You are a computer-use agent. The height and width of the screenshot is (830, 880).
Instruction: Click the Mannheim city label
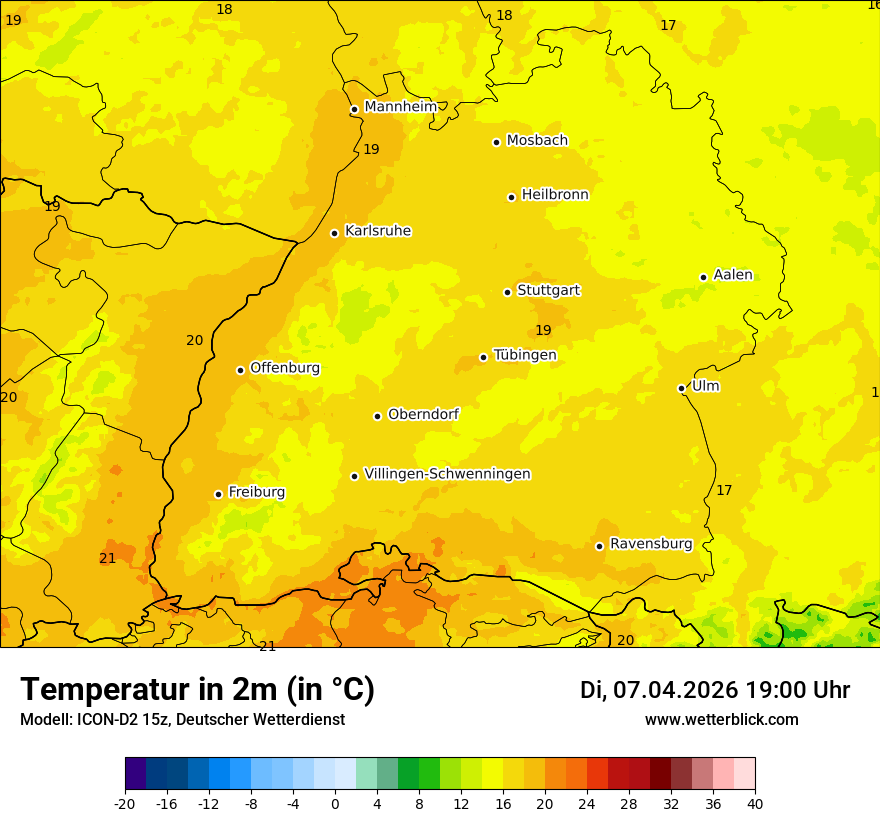coord(400,107)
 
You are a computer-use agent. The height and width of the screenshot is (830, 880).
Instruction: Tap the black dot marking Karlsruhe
coord(335,233)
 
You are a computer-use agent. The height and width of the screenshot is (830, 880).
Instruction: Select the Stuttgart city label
coord(548,291)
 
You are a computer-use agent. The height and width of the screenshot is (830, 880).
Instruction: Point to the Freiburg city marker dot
coord(219,494)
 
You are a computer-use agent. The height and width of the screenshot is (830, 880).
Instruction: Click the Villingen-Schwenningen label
coord(447,474)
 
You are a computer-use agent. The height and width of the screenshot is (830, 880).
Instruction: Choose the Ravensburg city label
coord(651,544)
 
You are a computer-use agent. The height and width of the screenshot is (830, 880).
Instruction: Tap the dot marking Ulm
coord(682,388)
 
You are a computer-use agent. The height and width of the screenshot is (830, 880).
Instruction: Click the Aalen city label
coord(733,275)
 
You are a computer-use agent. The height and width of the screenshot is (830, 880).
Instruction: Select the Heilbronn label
coord(555,195)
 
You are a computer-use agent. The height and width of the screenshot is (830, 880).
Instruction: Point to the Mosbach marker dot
coord(497,142)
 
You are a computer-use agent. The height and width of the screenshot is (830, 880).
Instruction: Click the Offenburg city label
coord(285,368)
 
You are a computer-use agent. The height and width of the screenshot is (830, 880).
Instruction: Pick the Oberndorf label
coord(423,414)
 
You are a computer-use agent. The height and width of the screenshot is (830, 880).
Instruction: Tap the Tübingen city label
coord(525,355)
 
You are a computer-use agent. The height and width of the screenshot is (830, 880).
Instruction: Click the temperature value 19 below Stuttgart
coord(543,331)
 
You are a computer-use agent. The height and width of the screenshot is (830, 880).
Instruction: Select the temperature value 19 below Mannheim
coord(371,150)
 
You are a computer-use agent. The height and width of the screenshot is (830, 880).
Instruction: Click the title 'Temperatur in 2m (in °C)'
coord(197,689)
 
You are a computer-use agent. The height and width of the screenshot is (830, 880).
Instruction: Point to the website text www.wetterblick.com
coord(721,720)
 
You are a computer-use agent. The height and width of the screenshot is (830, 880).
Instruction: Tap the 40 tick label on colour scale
coord(755,803)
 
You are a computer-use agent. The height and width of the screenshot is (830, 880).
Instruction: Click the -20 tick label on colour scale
coord(125,803)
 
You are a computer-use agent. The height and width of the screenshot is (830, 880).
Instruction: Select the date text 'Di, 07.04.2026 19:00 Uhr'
coord(714,690)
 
